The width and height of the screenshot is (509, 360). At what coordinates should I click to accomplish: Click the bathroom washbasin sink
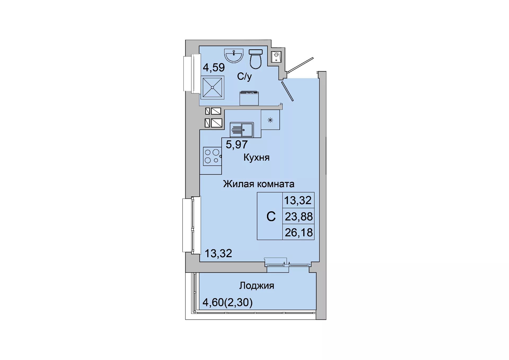pyautogui.click(x=234, y=56)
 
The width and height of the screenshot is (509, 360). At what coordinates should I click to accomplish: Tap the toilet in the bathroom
pyautogui.click(x=256, y=59)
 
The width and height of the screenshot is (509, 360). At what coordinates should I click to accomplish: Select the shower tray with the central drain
pyautogui.click(x=212, y=87)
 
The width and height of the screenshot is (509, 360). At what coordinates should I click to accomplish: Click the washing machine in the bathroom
pyautogui.click(x=249, y=98)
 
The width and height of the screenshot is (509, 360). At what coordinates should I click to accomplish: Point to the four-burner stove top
pyautogui.click(x=212, y=156)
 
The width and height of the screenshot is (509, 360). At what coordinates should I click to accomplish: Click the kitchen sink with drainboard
pyautogui.click(x=242, y=130)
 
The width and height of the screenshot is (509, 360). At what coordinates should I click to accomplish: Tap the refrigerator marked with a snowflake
pyautogui.click(x=270, y=120)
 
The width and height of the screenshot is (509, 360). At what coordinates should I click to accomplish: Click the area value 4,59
pyautogui.click(x=214, y=68)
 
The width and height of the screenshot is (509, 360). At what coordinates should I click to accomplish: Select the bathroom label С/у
pyautogui.click(x=244, y=77)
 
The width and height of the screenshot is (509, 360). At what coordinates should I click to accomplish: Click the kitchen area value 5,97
pyautogui.click(x=237, y=145)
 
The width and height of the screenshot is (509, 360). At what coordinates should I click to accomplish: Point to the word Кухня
pyautogui.click(x=256, y=157)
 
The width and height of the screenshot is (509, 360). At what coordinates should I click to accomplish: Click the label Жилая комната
pyautogui.click(x=259, y=184)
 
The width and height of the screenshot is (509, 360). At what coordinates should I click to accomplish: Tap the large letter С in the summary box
pyautogui.click(x=271, y=217)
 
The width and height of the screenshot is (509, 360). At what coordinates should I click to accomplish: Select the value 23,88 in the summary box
pyautogui.click(x=299, y=217)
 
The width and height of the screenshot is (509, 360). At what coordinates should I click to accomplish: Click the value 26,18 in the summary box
pyautogui.click(x=299, y=232)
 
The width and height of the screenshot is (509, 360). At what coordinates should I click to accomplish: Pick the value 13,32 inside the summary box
pyautogui.click(x=298, y=200)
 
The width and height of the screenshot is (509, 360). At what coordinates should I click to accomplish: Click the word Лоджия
pyautogui.click(x=257, y=286)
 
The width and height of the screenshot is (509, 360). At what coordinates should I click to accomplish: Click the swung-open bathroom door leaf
pyautogui.click(x=287, y=91)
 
